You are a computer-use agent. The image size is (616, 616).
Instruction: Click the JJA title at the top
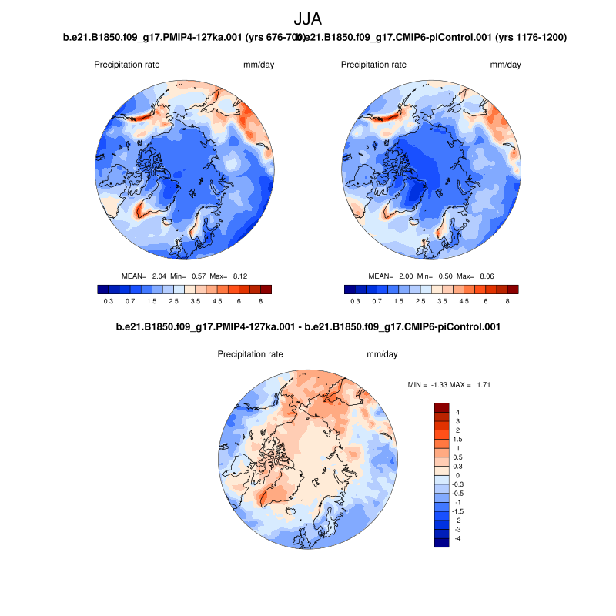coord(308,18)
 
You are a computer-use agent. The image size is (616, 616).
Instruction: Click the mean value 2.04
coord(159,276)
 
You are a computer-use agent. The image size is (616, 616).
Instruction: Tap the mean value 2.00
coord(406,276)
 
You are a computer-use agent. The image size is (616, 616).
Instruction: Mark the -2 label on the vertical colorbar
coord(460,520)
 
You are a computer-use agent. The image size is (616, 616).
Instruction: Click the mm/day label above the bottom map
coord(382,355)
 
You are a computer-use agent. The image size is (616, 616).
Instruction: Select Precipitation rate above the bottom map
coord(250,355)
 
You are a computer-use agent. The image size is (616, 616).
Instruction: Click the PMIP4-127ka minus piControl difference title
coord(308,326)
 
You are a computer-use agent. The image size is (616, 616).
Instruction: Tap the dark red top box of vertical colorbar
coord(442,407)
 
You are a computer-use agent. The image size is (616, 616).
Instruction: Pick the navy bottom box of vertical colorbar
coord(442,543)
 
